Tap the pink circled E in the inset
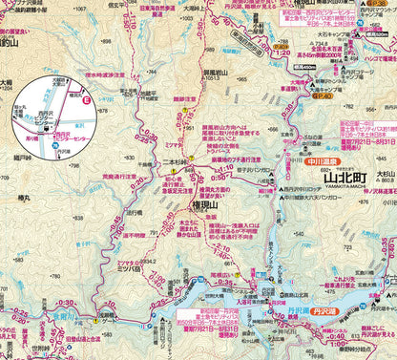click(x=87, y=99)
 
